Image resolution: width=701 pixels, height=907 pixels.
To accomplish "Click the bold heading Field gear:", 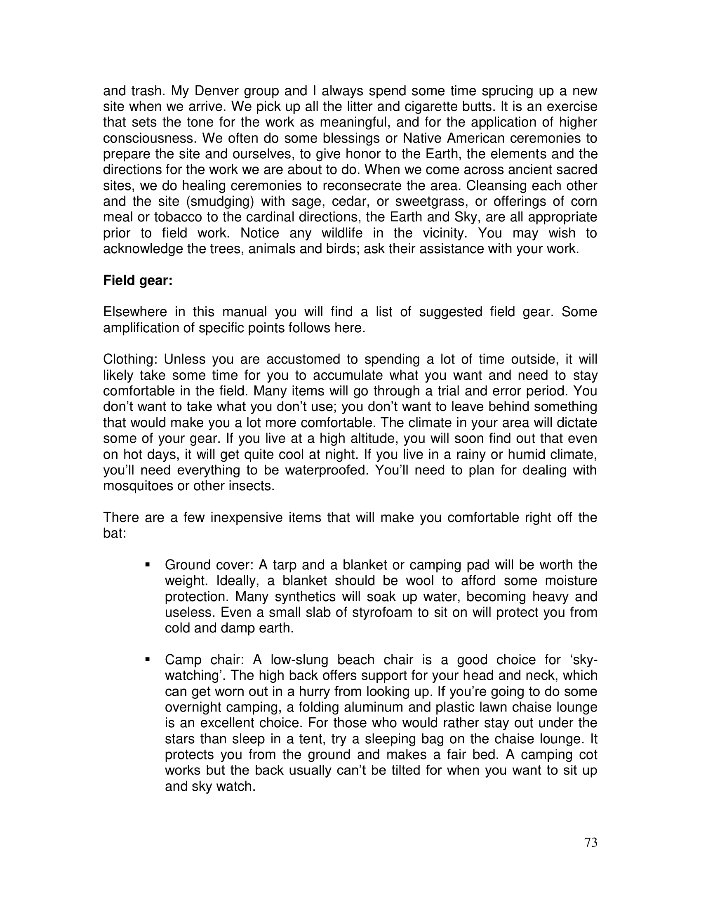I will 137,281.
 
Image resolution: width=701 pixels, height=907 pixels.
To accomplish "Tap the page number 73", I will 590,843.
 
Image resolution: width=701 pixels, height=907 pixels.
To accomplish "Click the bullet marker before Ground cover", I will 147,565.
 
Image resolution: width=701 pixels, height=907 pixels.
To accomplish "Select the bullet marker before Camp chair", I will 147,660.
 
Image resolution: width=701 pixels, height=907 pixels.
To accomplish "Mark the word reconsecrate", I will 365,186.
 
